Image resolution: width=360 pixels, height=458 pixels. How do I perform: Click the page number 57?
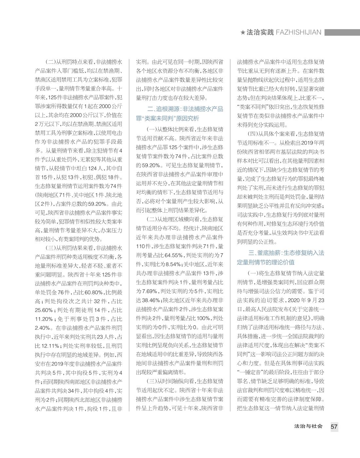334,427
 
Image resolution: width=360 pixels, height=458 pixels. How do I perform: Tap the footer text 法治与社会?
308,427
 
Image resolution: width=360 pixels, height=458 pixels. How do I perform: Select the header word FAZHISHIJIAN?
298,32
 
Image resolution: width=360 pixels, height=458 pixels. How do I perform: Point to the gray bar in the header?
342,32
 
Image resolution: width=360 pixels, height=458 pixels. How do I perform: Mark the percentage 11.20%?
44,319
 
